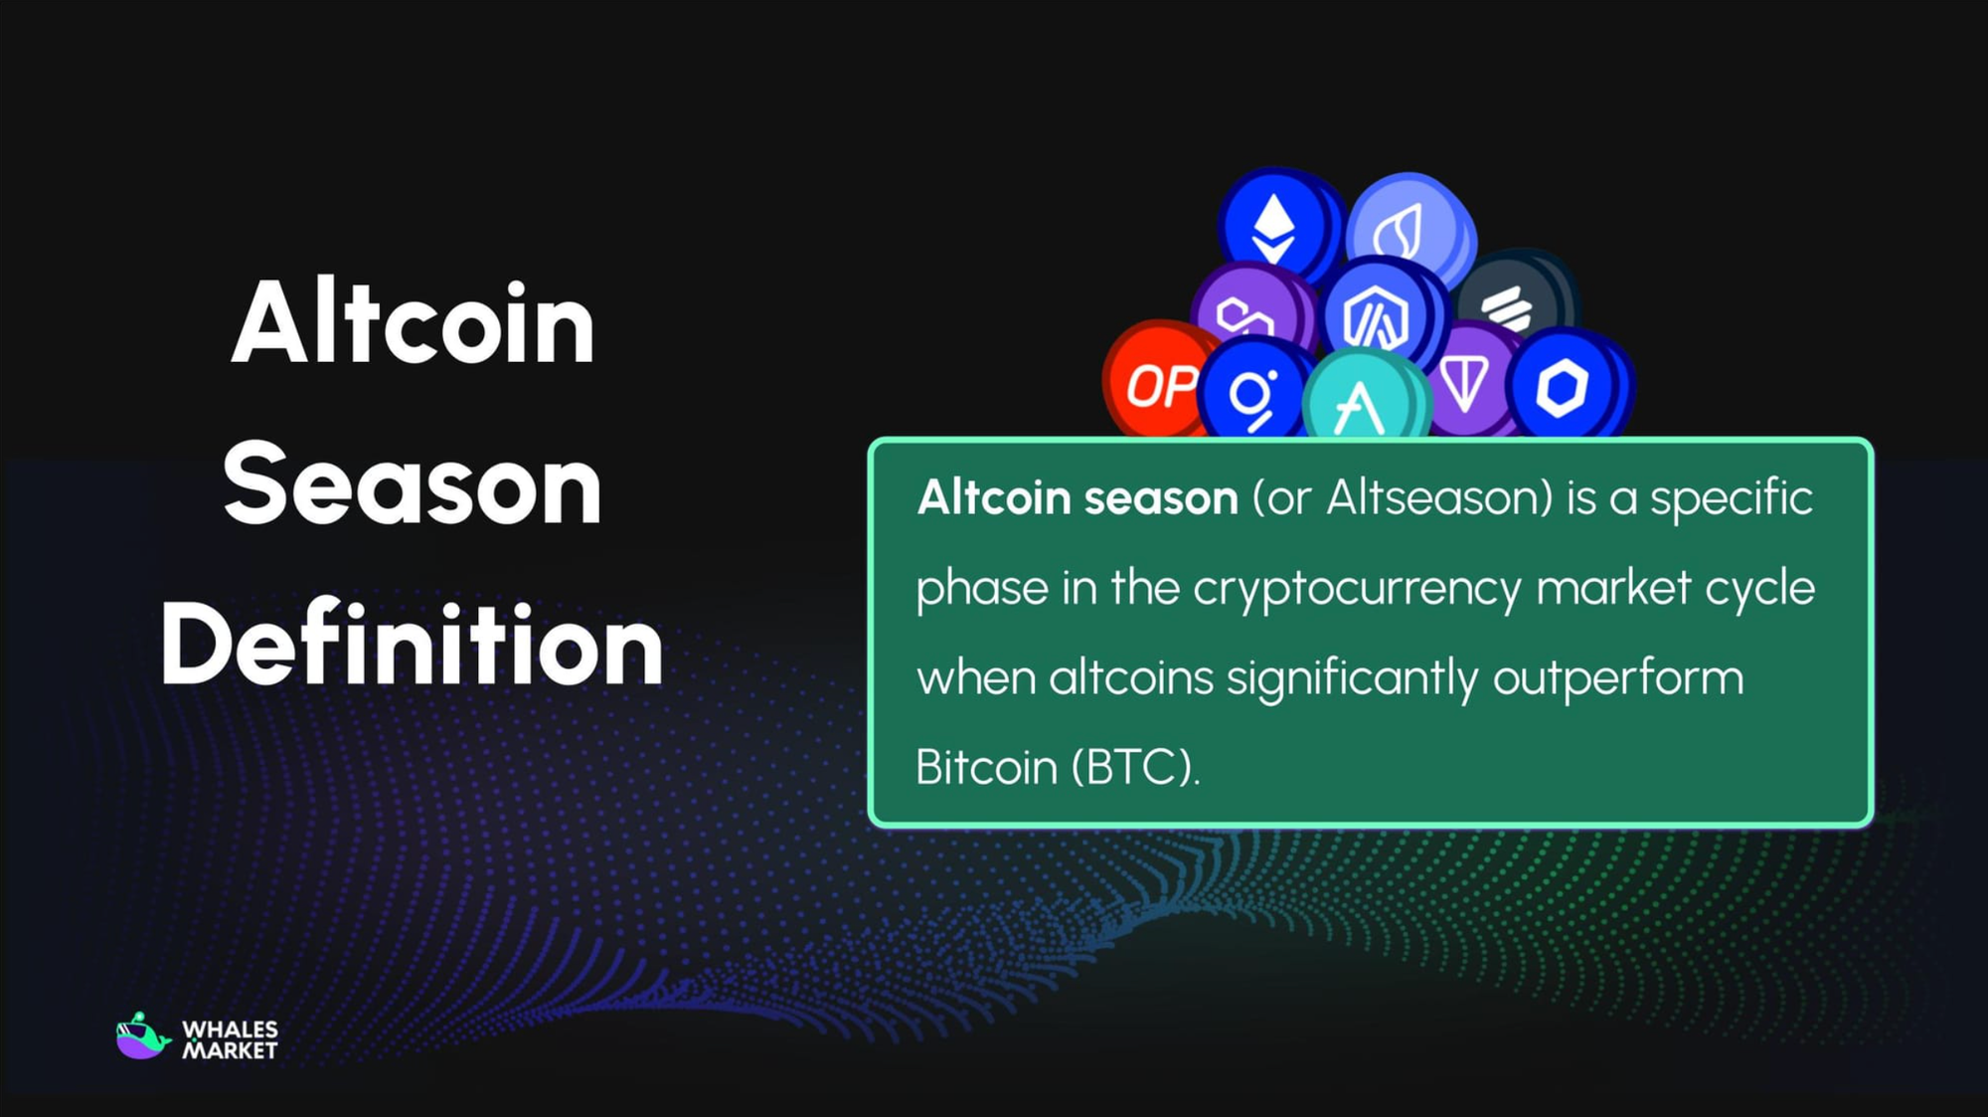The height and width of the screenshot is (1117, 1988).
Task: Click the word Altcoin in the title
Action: click(x=413, y=324)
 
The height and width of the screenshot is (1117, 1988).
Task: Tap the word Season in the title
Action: click(x=413, y=485)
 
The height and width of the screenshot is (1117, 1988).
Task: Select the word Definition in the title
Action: click(x=412, y=646)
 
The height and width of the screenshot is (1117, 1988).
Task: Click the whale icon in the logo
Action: click(x=142, y=1036)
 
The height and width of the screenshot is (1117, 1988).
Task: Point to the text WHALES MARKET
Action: click(x=230, y=1039)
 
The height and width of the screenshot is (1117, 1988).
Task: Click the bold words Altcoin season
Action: click(x=1077, y=497)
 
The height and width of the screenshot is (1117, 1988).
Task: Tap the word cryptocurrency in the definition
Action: click(x=1357, y=588)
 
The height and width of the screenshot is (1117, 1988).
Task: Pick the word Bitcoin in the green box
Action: click(x=986, y=768)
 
